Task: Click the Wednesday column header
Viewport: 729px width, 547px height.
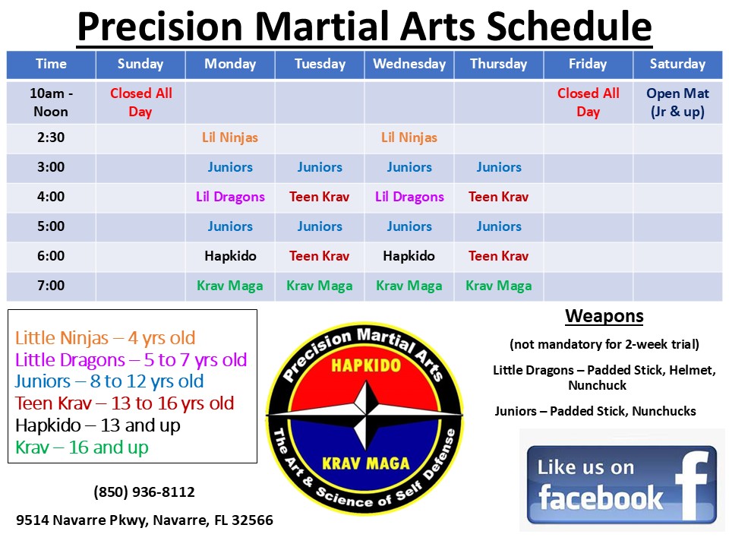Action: (x=409, y=64)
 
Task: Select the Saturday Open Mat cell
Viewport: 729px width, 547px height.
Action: (x=677, y=103)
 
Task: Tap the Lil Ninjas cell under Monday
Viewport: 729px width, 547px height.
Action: (x=229, y=138)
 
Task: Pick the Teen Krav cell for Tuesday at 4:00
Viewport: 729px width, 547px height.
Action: (x=320, y=197)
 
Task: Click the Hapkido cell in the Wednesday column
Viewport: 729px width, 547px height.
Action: (x=409, y=256)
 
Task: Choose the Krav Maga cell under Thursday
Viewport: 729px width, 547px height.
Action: (x=499, y=286)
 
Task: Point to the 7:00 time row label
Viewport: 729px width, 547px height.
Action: (x=51, y=286)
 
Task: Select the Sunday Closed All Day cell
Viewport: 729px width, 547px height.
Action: (x=141, y=103)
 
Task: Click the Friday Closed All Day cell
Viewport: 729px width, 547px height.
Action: (x=588, y=103)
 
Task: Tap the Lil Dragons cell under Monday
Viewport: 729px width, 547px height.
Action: (x=229, y=197)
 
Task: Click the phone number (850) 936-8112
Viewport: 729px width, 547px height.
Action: (x=144, y=492)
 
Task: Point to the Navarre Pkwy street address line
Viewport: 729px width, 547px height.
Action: (x=144, y=520)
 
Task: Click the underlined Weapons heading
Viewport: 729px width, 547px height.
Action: (x=604, y=316)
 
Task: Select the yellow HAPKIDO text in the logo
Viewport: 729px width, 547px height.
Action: (x=366, y=365)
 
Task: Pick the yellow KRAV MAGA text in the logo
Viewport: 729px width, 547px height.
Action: (x=366, y=463)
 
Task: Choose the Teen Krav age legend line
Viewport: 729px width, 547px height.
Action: (x=124, y=403)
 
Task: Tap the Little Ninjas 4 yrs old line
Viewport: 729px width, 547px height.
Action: (x=105, y=338)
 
